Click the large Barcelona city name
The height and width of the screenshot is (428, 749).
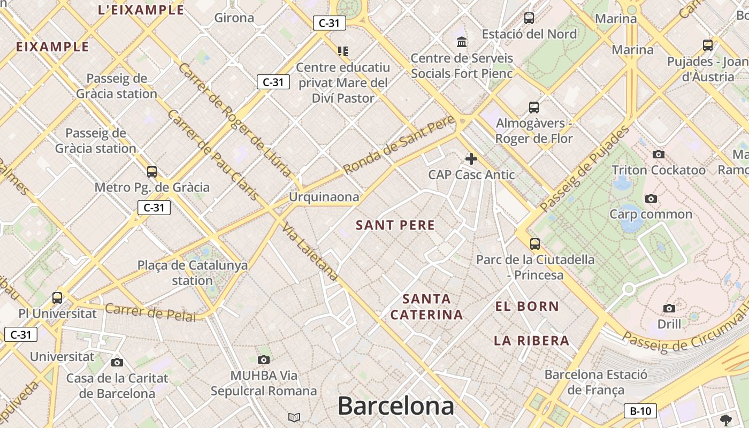click(x=396, y=406)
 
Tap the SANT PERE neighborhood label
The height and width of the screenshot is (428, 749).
click(x=395, y=225)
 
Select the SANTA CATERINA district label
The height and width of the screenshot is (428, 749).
click(x=426, y=307)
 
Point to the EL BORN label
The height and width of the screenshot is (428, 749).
click(x=527, y=307)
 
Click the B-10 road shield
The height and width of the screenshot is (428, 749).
click(x=640, y=411)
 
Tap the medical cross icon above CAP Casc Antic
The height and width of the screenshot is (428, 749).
click(x=471, y=159)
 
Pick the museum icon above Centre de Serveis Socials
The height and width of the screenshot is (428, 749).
click(x=461, y=42)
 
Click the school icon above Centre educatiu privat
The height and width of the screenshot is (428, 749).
click(x=343, y=51)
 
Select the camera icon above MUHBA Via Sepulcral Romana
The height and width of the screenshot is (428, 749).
click(x=264, y=360)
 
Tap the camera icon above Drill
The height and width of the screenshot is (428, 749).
click(x=669, y=308)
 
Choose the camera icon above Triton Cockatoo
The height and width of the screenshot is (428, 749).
click(x=659, y=155)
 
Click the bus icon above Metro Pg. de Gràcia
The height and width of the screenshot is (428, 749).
click(x=152, y=172)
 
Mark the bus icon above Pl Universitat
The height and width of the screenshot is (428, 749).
click(x=57, y=298)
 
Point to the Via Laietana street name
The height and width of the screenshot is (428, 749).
click(x=310, y=251)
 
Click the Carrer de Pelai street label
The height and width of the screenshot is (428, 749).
click(x=150, y=312)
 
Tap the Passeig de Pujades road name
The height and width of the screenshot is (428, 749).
click(x=585, y=168)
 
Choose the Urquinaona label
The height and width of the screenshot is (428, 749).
click(x=324, y=197)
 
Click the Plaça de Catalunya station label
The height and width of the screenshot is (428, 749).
click(x=193, y=272)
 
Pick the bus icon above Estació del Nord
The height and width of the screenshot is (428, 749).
click(x=529, y=18)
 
